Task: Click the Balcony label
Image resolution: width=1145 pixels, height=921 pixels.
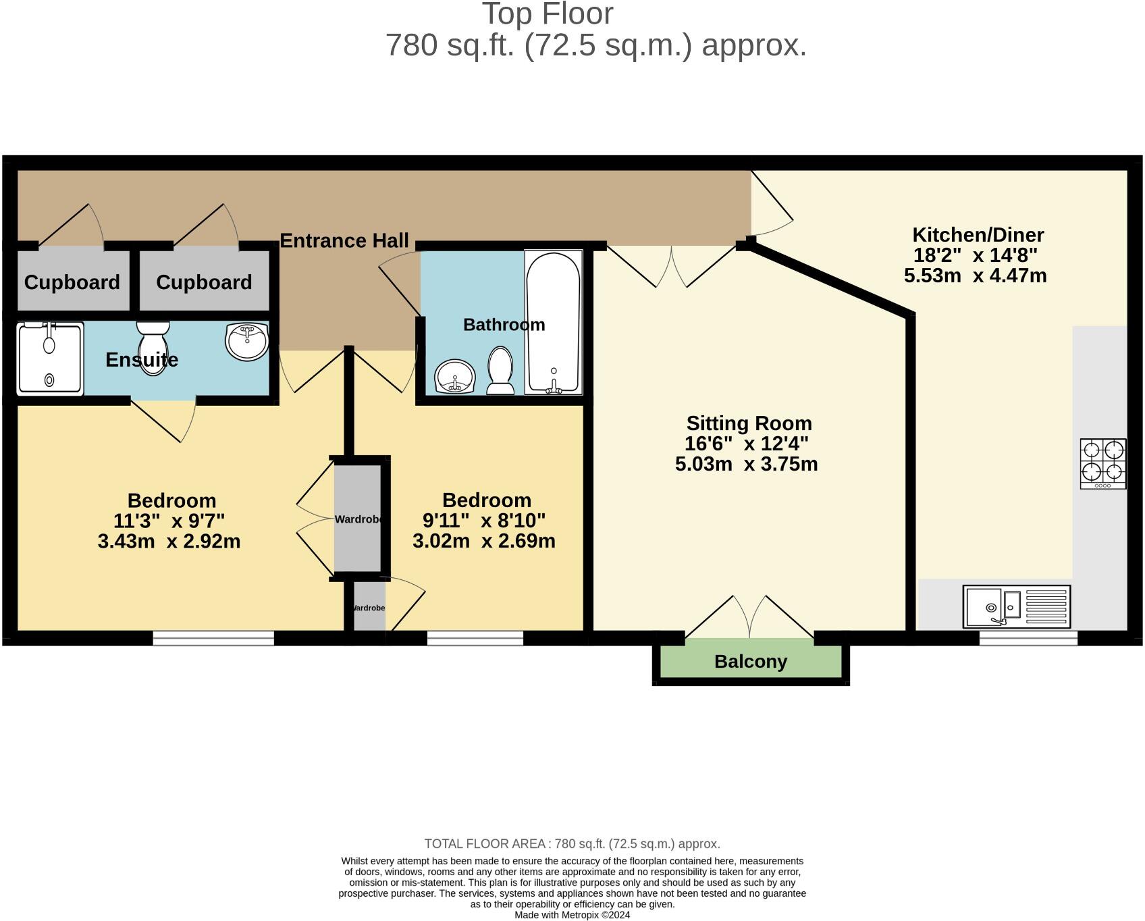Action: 751,662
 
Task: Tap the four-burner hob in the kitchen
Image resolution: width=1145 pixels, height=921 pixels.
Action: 1102,463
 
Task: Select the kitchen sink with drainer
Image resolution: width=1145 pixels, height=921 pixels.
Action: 1017,606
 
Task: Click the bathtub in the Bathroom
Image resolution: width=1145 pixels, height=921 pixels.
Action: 553,322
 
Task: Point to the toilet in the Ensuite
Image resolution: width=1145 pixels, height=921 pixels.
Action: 153,346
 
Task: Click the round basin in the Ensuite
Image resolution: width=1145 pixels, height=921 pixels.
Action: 247,340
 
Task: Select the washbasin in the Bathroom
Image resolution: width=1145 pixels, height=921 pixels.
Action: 455,377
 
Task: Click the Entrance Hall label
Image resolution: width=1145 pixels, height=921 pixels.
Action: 344,241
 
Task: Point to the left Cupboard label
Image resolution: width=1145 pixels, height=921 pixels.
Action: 72,282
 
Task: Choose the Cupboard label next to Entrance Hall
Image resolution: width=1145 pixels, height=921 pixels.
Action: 204,282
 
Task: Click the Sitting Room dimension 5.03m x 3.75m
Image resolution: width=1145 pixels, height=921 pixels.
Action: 746,465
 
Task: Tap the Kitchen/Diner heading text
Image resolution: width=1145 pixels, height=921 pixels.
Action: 978,235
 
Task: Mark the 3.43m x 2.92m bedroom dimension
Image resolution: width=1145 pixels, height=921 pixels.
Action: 169,542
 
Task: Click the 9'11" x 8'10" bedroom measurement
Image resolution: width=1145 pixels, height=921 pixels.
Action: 483,521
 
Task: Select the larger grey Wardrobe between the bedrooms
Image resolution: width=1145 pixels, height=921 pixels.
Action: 358,518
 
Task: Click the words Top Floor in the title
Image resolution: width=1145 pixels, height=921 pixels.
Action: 547,14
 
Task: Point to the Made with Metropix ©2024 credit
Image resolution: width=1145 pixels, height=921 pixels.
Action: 572,915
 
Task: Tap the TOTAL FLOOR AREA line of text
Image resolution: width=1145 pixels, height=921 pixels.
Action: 572,844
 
